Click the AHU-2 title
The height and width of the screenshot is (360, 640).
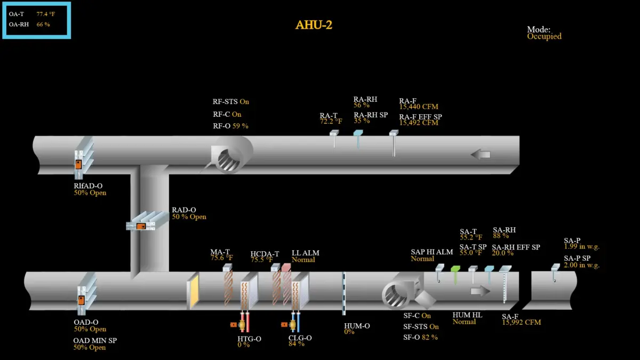click(314, 25)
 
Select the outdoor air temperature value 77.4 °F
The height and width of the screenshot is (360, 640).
click(46, 14)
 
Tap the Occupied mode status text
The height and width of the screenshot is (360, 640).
click(544, 37)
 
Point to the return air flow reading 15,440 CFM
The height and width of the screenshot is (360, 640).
click(419, 107)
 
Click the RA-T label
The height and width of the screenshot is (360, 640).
click(329, 115)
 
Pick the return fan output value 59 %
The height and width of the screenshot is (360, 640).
click(241, 126)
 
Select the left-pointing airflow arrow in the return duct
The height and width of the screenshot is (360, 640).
click(481, 155)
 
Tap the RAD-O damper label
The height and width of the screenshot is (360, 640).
click(183, 210)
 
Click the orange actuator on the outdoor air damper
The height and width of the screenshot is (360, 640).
click(81, 300)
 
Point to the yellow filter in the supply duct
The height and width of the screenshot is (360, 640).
click(193, 291)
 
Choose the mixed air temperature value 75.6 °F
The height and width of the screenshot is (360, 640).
click(222, 258)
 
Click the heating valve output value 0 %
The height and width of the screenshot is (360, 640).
click(243, 345)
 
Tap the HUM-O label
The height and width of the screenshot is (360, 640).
click(357, 326)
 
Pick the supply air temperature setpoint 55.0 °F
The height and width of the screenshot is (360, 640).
click(471, 253)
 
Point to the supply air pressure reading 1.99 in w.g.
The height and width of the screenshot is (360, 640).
click(581, 246)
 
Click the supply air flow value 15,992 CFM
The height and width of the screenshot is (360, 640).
click(522, 323)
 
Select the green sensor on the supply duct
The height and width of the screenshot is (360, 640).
click(455, 274)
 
